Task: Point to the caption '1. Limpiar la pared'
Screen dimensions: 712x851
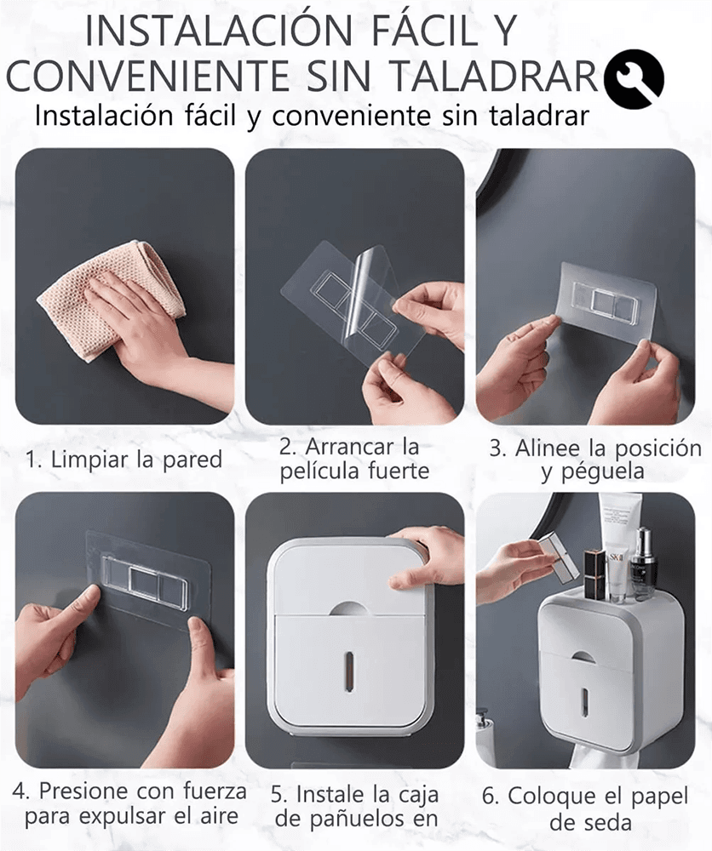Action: pos(124,460)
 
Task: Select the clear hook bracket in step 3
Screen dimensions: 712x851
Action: pos(607,300)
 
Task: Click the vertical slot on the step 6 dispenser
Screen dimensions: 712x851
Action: pos(585,700)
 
